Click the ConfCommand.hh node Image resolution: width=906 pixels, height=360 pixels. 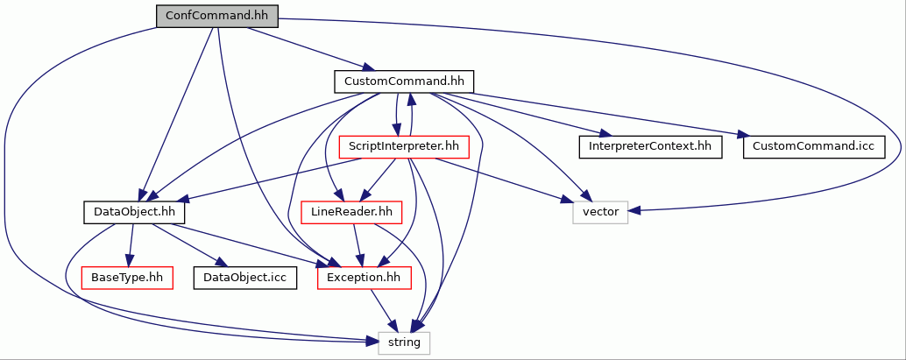pyautogui.click(x=216, y=16)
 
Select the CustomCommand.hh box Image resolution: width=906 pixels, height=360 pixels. pyautogui.click(x=404, y=81)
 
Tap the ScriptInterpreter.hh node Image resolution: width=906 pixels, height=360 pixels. pyautogui.click(x=404, y=147)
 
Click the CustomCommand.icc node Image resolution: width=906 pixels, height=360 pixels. pyautogui.click(x=813, y=147)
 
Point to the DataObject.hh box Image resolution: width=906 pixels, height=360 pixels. pyautogui.click(x=134, y=213)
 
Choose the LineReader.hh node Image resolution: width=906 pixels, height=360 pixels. pyautogui.click(x=351, y=213)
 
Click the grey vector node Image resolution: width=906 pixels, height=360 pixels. pyautogui.click(x=600, y=213)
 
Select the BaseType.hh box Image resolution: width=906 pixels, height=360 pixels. pyautogui.click(x=128, y=279)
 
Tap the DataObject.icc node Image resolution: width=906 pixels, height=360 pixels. pyautogui.click(x=245, y=279)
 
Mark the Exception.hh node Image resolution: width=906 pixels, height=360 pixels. pyautogui.click(x=364, y=279)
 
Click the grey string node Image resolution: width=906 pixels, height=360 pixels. pyautogui.click(x=404, y=342)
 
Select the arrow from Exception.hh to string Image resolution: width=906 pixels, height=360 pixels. pyautogui.click(x=384, y=310)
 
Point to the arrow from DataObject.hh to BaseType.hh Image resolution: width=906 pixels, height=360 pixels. pyautogui.click(x=131, y=245)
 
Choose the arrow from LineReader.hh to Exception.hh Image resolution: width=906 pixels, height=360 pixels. pyautogui.click(x=357, y=245)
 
